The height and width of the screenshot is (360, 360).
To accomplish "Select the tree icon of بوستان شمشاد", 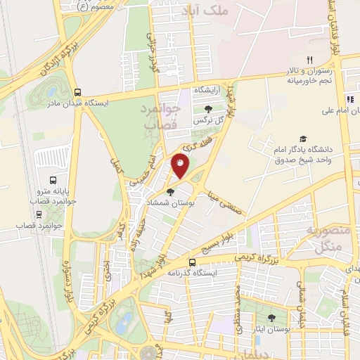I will coord(170,191).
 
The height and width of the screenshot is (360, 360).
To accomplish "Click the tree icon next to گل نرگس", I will coord(208,108).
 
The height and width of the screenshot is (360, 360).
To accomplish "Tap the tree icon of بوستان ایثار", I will coord(271,318).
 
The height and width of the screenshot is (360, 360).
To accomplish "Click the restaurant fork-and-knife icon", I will coord(308,60).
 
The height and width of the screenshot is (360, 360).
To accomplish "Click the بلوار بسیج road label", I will coord(223,240).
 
